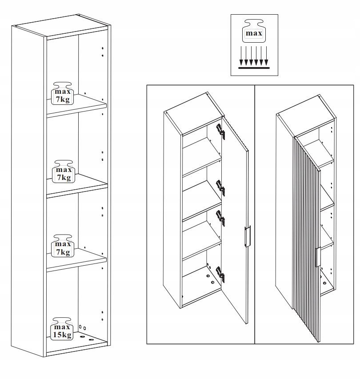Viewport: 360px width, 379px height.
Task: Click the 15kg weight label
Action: point(62,329)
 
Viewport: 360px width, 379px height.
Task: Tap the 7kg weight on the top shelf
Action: point(62,94)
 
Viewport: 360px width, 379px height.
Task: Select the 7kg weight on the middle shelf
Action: point(64,172)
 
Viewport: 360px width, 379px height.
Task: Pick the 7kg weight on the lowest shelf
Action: point(63,246)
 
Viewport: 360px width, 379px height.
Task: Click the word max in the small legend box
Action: point(254,33)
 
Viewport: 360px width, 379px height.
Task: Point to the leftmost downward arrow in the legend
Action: point(241,56)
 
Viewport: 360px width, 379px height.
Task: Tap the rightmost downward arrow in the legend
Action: point(266,56)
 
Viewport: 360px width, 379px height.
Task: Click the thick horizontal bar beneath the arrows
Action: point(254,68)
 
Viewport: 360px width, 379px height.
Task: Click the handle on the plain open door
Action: point(247,236)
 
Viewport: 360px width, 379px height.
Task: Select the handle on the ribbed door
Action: point(318,257)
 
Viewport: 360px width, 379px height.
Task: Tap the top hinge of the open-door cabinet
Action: point(220,132)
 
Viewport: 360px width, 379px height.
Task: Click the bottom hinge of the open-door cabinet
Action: point(220,274)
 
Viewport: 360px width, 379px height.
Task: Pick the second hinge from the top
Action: point(220,188)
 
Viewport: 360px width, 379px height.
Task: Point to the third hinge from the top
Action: point(220,218)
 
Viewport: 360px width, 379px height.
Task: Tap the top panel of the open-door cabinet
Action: point(193,113)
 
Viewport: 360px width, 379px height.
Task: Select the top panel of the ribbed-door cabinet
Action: point(305,116)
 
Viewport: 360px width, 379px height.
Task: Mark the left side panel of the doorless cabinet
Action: point(28,191)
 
